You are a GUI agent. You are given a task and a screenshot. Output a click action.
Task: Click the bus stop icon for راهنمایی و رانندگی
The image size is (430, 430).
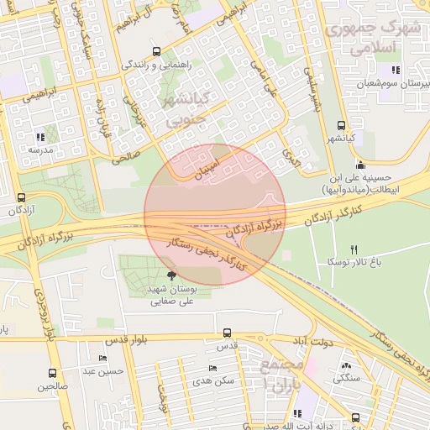155,50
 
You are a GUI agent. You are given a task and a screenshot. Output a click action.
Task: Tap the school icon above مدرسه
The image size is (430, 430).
40,136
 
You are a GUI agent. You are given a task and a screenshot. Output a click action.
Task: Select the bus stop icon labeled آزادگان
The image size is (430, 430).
21,197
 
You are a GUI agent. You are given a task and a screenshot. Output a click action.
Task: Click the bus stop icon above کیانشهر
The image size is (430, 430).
340,123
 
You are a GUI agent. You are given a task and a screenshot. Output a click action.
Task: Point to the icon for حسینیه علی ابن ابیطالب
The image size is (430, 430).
361,164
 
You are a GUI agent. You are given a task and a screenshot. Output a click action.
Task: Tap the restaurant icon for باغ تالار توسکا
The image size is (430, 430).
354,249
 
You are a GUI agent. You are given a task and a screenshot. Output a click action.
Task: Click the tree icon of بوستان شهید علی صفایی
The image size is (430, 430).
172,275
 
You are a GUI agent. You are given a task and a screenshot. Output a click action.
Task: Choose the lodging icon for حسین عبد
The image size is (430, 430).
103,358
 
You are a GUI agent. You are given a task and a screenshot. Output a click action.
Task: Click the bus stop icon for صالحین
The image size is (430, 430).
53,374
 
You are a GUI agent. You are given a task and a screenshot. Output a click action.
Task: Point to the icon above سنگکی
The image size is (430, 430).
347,366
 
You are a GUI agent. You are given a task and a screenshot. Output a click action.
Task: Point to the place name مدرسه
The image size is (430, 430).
40,149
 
